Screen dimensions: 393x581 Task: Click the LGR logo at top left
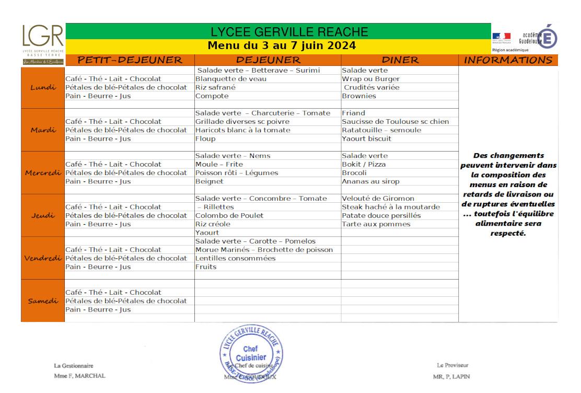[x=43, y=38]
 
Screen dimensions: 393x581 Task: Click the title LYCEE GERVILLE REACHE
[x=289, y=32]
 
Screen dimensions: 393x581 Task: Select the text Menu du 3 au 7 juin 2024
[x=282, y=45]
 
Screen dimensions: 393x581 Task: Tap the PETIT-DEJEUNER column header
[x=130, y=60]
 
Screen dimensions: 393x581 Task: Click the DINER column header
[x=400, y=60]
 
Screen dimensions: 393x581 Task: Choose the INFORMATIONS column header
[x=508, y=60]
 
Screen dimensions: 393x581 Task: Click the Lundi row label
[x=43, y=87]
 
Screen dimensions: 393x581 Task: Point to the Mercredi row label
[x=43, y=173]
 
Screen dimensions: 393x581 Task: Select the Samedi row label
[x=43, y=301]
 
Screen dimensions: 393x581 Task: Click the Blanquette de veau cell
[x=231, y=79]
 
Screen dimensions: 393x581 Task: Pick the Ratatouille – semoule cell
[x=381, y=130]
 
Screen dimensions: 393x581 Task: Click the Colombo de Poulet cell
[x=229, y=215]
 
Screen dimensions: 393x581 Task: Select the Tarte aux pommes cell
[x=376, y=224]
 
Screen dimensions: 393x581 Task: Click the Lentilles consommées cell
[x=235, y=258]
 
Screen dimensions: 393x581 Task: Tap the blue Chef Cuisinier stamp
[x=252, y=353]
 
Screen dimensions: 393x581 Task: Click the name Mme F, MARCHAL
[x=79, y=376]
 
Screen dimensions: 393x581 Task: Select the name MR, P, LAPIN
[x=451, y=376]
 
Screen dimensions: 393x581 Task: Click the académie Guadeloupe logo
[x=538, y=38]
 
